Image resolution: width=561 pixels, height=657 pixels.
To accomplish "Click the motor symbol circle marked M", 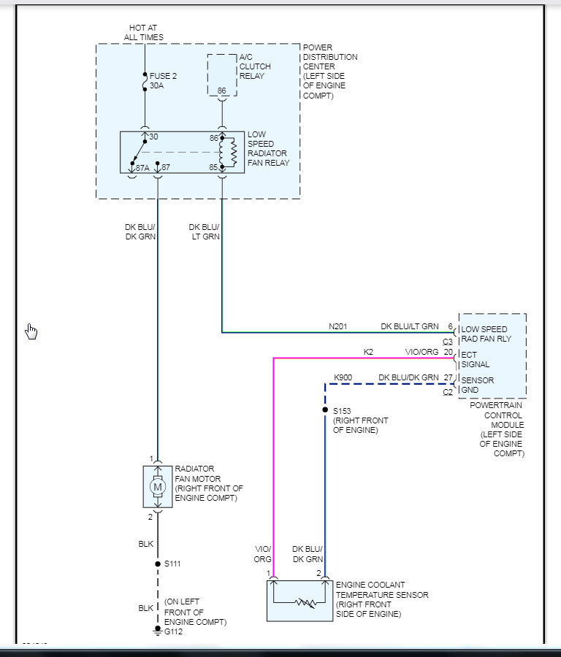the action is pos(158,487).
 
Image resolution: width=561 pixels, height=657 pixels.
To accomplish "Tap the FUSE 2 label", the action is pos(163,76).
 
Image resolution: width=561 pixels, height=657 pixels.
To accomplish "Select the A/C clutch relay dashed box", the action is pos(222,75).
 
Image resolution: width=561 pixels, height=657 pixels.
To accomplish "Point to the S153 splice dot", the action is pos(325,410).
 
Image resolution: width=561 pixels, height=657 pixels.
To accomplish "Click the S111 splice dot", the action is pos(158,564).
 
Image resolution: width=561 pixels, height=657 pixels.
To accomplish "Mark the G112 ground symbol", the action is pos(158,630).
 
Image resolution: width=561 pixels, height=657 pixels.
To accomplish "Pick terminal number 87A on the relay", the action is pos(142,168).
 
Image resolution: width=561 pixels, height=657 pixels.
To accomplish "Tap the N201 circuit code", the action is pos(338,326).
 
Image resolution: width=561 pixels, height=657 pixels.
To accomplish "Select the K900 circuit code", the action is pos(343,377).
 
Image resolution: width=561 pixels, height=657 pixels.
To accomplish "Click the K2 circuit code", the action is pos(368,352).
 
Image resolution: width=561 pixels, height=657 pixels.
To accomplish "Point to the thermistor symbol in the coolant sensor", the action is pos(305,602).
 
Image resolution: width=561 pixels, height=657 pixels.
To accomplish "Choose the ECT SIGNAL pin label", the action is pos(475,359).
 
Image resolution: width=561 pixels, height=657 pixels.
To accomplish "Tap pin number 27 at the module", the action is pos(449,377).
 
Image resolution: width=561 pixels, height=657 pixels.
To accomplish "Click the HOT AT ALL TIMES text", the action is pos(143,32).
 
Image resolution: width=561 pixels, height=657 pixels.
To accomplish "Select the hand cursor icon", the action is pos(31,331).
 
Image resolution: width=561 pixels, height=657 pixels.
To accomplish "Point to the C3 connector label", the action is pos(447,342).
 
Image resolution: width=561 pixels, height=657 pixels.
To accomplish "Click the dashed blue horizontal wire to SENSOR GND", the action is pos(390,384).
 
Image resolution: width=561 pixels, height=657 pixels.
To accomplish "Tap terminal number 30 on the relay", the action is pos(153,137).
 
